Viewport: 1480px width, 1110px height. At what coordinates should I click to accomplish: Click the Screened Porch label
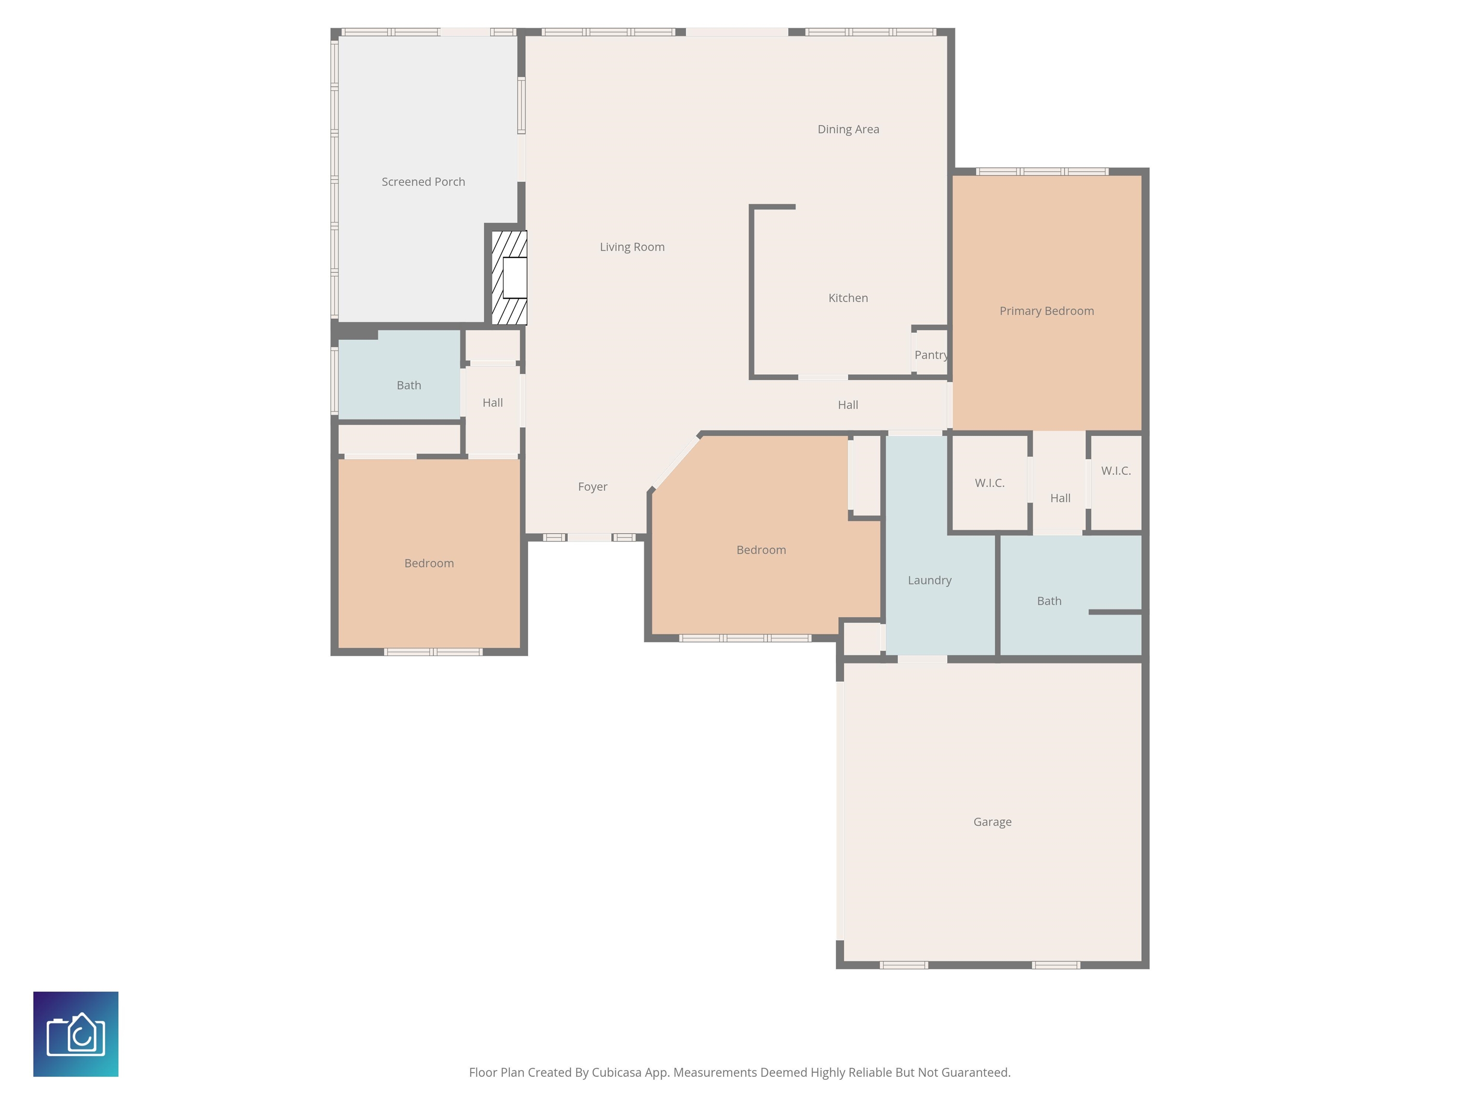click(x=423, y=182)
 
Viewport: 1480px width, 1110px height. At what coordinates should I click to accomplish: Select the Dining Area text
click(x=848, y=130)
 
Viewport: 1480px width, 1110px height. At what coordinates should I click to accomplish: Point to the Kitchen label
click(x=848, y=298)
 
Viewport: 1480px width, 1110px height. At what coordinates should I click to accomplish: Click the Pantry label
click(x=931, y=355)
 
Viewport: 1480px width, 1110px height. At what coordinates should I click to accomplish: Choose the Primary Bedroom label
click(x=1046, y=311)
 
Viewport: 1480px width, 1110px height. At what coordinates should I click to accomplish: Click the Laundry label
click(x=929, y=581)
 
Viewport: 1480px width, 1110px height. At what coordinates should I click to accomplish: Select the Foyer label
click(x=592, y=487)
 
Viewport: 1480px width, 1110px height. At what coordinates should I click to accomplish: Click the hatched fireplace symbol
click(x=509, y=277)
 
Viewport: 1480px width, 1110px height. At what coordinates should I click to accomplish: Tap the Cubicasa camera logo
click(x=76, y=1034)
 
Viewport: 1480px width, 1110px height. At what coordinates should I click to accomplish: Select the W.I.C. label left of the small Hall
click(x=989, y=483)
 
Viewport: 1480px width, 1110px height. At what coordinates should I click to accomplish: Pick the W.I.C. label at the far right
click(x=1115, y=471)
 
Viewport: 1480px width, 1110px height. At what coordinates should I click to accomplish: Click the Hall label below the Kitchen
click(x=848, y=405)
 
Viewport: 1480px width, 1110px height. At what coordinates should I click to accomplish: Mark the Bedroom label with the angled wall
click(x=761, y=550)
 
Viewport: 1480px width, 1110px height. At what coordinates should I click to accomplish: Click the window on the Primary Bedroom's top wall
click(x=1042, y=172)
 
